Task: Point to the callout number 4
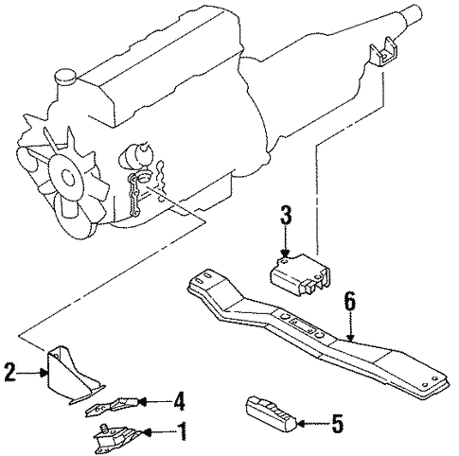(179, 401)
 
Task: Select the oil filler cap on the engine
(66, 77)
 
